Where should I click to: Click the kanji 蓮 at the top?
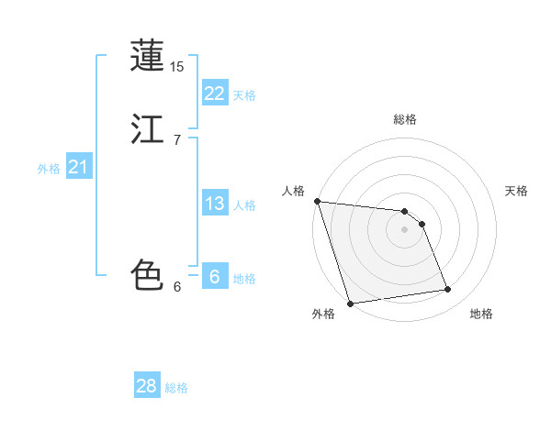coord(148,56)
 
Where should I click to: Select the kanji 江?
coord(148,128)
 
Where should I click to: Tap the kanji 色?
coord(148,274)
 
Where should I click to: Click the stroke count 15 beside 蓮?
coord(177,66)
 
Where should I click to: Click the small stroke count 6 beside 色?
coord(176,286)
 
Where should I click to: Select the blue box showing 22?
coord(214,94)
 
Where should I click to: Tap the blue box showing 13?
coord(214,204)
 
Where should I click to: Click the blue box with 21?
coord(78,167)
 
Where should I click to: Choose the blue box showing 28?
coord(147,386)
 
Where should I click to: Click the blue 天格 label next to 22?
coord(244,95)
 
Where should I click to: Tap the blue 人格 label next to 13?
coord(244,205)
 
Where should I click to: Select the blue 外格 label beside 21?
coord(49,169)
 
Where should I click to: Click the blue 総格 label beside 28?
coord(177,388)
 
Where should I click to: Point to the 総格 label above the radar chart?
coord(405,119)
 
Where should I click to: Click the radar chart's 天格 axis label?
coord(516,191)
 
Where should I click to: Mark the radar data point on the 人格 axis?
coord(317,201)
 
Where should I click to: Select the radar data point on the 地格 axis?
coord(448,290)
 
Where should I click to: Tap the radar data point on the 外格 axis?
coord(350,302)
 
